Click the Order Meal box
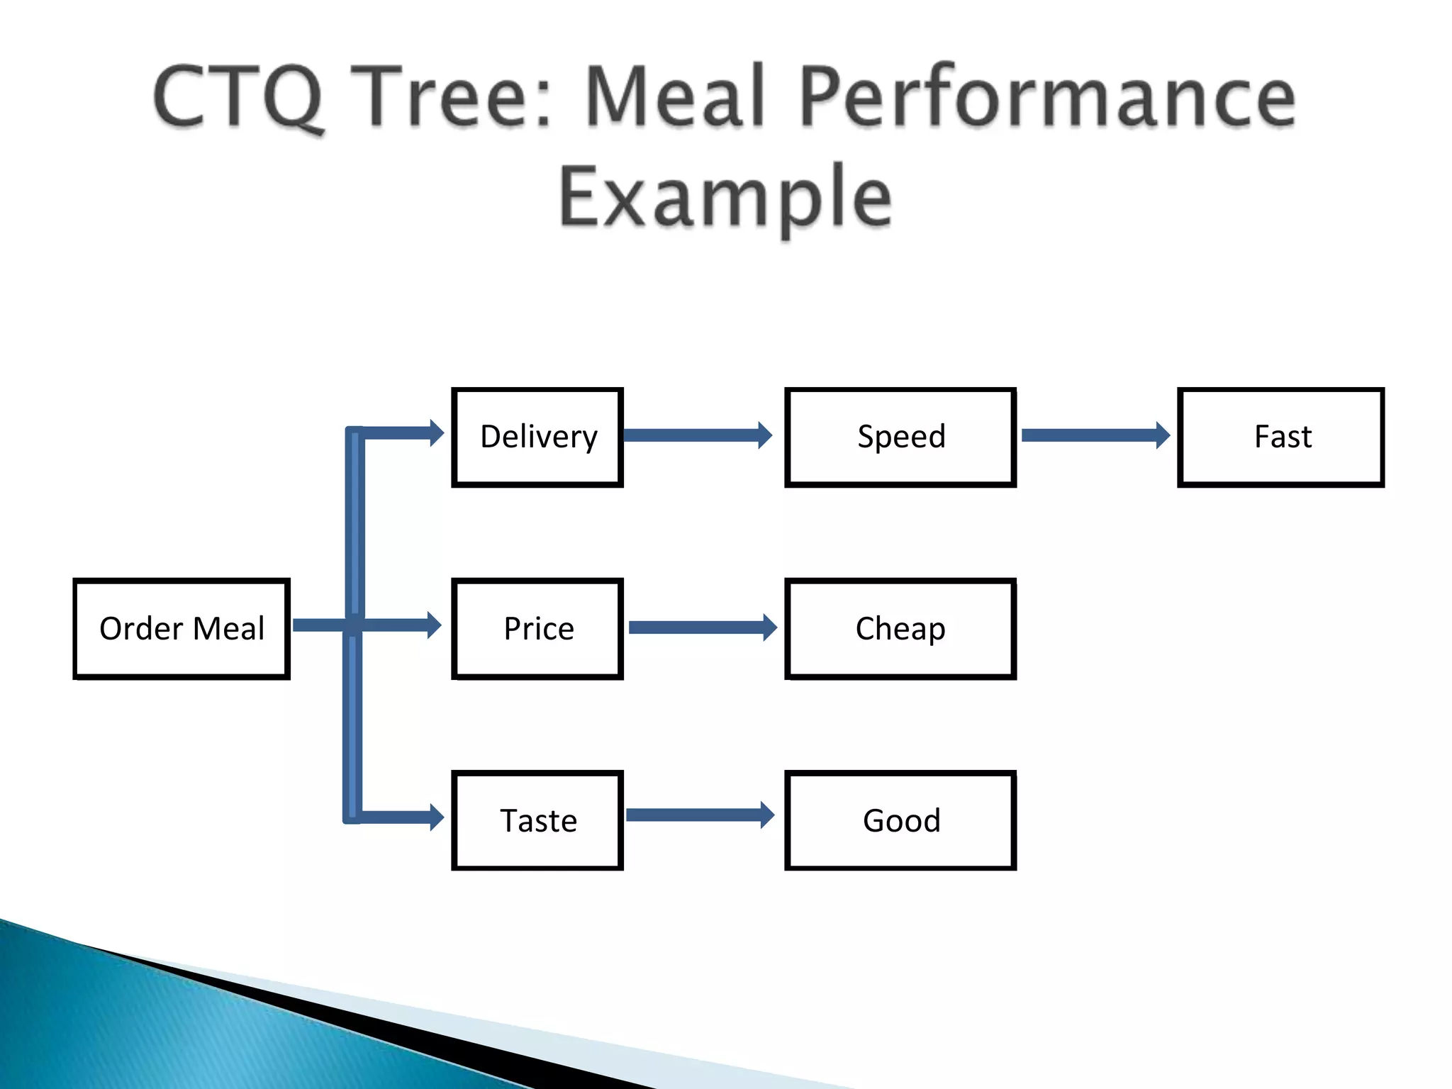tap(181, 629)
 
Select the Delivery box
tap(537, 437)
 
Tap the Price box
tap(537, 629)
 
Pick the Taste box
tap(537, 820)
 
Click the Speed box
tap(900, 437)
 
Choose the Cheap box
tap(900, 629)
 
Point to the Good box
tap(900, 820)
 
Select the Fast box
tap(1281, 437)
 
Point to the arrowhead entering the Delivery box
tap(436, 433)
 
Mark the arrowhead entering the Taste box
tap(436, 817)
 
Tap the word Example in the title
tap(725, 197)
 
